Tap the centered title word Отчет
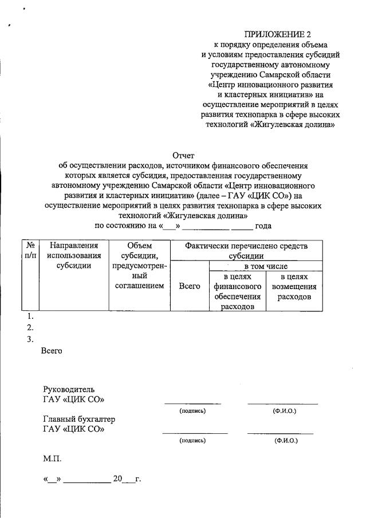(184, 155)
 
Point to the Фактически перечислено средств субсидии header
(246, 251)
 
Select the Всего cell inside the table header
(190, 286)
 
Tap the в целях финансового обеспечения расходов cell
(238, 291)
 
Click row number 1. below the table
(31, 316)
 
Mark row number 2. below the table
(31, 328)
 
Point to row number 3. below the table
(31, 339)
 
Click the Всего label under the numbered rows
(52, 351)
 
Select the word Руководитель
(68, 389)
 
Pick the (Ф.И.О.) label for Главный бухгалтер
(285, 440)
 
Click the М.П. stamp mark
(51, 459)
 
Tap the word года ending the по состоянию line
(263, 226)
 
